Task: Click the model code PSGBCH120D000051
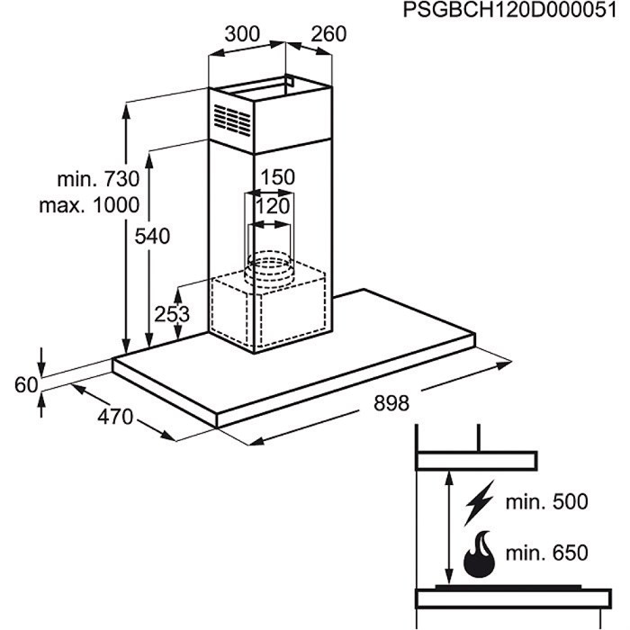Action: point(510,11)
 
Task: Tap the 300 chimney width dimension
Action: point(242,34)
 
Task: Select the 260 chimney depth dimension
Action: point(328,34)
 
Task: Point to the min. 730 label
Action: point(98,179)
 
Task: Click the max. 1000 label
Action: point(89,205)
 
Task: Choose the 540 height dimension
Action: point(152,236)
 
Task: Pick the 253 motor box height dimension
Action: point(172,314)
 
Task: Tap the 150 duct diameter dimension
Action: point(277,177)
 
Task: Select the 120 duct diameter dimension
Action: point(273,206)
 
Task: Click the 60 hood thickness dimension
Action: point(26,385)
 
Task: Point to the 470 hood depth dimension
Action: point(115,417)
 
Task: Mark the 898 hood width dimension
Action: point(391,403)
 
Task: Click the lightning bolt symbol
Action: point(480,502)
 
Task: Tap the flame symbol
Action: point(480,554)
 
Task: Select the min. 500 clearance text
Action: point(546,502)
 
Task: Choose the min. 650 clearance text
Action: point(546,553)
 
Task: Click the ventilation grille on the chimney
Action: point(232,120)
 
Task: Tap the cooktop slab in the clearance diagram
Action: point(514,598)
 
